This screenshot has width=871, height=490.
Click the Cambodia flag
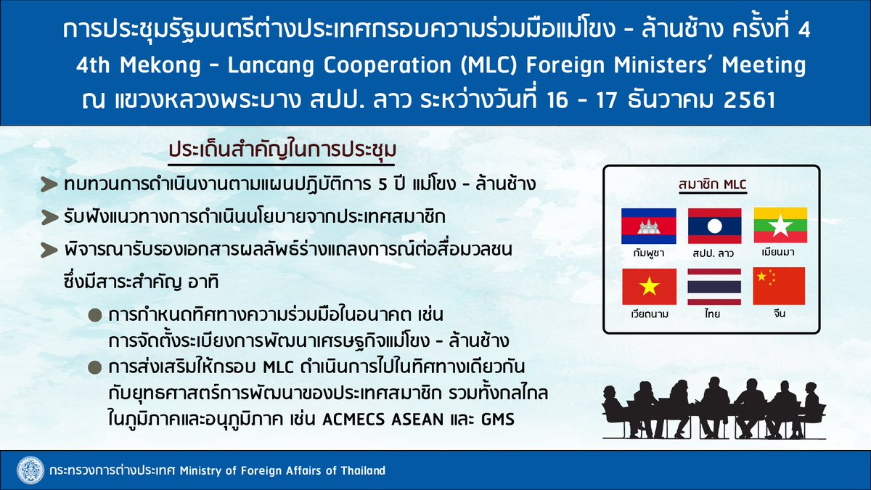click(x=649, y=226)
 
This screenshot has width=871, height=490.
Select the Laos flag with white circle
click(x=715, y=226)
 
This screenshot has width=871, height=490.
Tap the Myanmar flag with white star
click(x=780, y=225)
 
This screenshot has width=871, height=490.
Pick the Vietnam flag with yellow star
click(x=650, y=287)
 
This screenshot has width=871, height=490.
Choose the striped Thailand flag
click(x=714, y=287)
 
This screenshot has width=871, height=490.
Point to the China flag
click(x=779, y=286)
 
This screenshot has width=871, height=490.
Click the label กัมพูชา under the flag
click(x=649, y=253)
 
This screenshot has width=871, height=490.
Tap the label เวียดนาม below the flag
click(x=650, y=314)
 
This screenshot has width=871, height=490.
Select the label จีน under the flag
click(x=780, y=313)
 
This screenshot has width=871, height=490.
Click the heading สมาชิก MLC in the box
click(x=712, y=184)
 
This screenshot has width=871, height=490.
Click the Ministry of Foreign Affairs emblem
click(x=30, y=470)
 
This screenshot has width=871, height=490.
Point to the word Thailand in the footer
click(x=363, y=470)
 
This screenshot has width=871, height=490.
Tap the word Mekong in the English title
click(x=160, y=65)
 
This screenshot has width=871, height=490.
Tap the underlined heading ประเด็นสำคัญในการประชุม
click(x=282, y=150)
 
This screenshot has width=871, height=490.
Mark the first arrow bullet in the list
click(x=49, y=184)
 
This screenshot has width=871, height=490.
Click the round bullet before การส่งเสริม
click(x=95, y=367)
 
